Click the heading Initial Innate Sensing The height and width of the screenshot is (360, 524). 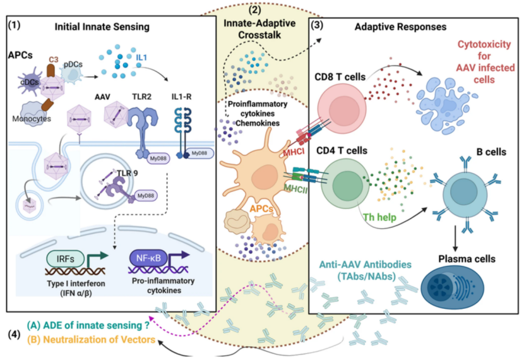click(101, 27)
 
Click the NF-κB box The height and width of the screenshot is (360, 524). click(152, 257)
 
